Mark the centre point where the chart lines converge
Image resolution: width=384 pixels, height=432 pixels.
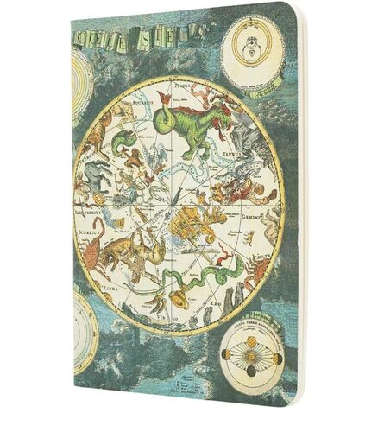[x=177, y=206]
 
